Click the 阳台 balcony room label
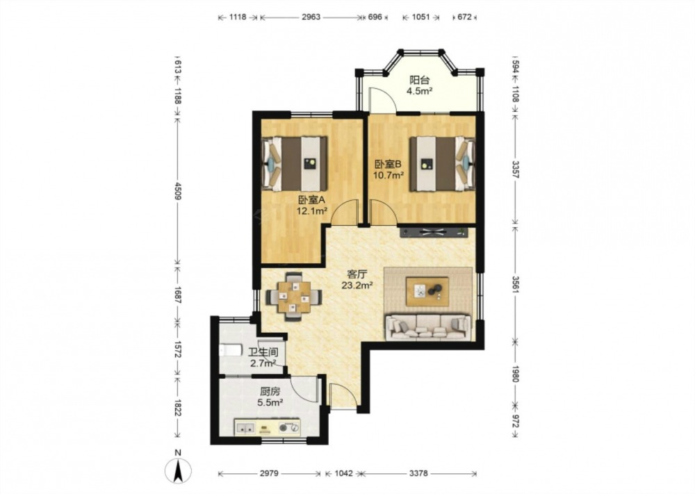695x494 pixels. tap(419, 80)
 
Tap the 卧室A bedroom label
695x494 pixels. tap(311, 200)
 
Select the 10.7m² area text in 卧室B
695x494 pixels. tap(389, 175)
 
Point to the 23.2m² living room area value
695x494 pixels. tap(357, 286)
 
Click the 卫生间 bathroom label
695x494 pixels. tap(263, 353)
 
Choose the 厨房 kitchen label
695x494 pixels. tap(270, 392)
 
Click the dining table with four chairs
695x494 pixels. tap(294, 297)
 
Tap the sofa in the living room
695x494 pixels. tap(427, 327)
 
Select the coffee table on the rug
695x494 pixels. tap(427, 292)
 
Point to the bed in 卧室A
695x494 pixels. tap(295, 164)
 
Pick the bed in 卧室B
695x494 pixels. tap(442, 164)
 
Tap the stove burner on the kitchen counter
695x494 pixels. tap(288, 427)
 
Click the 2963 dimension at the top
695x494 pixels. tap(311, 17)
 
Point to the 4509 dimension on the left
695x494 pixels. tap(177, 191)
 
